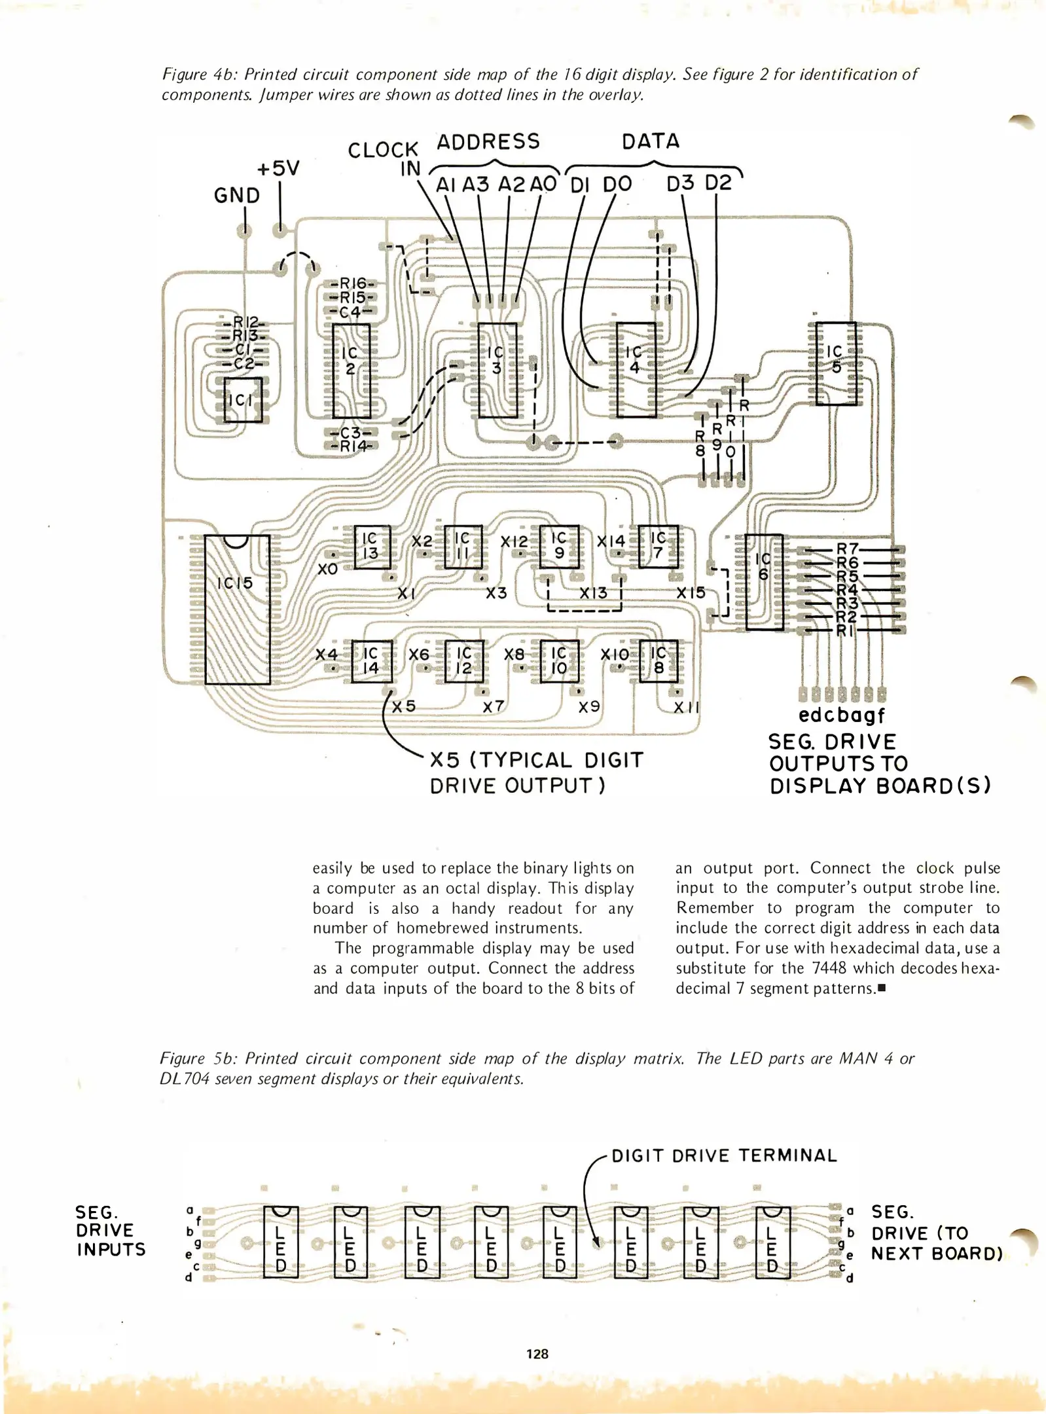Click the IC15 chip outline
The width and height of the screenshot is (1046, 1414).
pyautogui.click(x=237, y=609)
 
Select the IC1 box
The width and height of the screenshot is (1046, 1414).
pyautogui.click(x=243, y=399)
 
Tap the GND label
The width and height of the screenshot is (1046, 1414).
pyautogui.click(x=237, y=195)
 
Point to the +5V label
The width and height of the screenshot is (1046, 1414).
pyautogui.click(x=278, y=169)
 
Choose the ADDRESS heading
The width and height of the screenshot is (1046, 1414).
pyautogui.click(x=488, y=142)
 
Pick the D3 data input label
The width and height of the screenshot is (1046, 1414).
pyautogui.click(x=680, y=184)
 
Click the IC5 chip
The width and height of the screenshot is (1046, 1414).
pyautogui.click(x=836, y=363)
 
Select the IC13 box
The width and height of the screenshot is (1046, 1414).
pyautogui.click(x=371, y=546)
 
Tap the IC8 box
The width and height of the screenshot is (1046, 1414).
pyautogui.click(x=658, y=661)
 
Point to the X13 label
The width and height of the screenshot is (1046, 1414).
pyautogui.click(x=593, y=592)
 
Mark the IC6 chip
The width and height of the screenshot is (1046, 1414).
pyautogui.click(x=764, y=581)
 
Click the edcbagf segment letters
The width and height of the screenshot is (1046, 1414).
pyautogui.click(x=842, y=715)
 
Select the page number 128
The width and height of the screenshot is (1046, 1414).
pyautogui.click(x=537, y=1354)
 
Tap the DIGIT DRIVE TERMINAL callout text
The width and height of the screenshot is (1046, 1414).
pyautogui.click(x=724, y=1155)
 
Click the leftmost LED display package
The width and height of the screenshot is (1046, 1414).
pyautogui.click(x=280, y=1241)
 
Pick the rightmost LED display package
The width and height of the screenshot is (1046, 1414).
pyautogui.click(x=773, y=1241)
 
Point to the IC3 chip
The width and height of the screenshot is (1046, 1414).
pyautogui.click(x=497, y=370)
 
